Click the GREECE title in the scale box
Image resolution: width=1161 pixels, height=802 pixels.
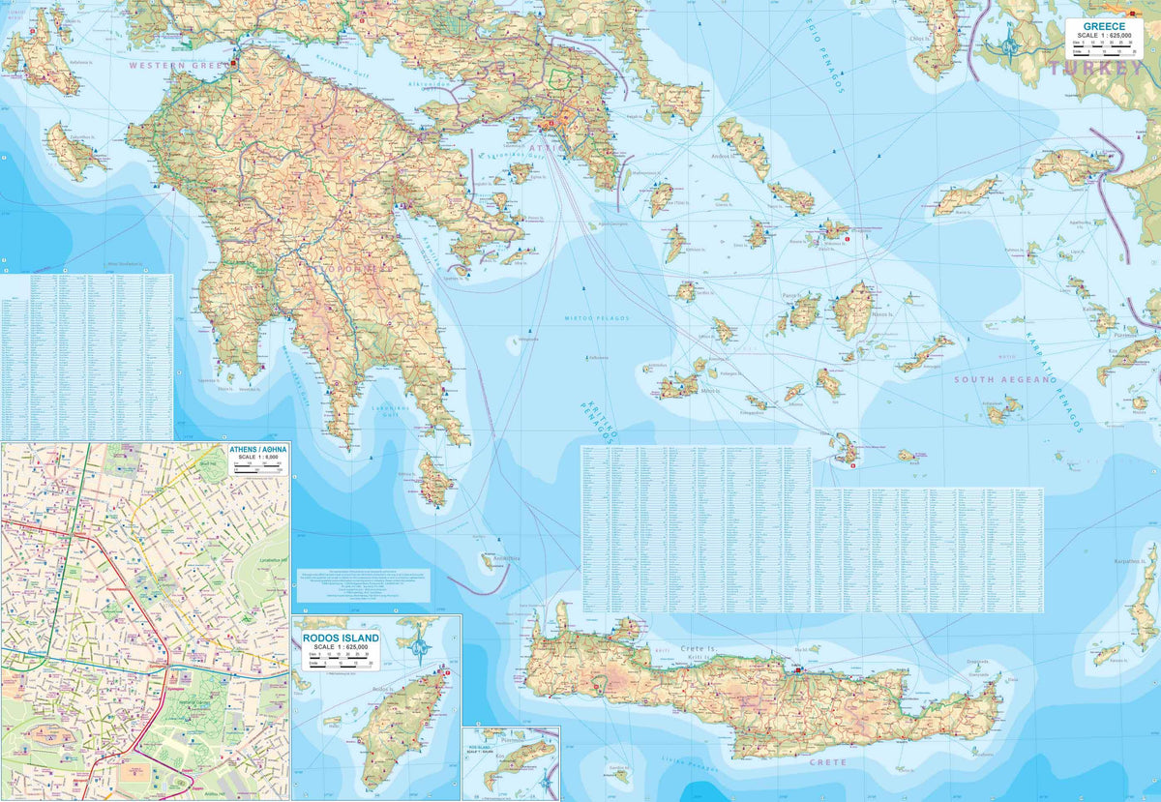point(1103,26)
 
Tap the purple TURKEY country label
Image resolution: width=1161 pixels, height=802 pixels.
point(1095,69)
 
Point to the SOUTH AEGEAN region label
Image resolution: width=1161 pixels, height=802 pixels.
point(1001,380)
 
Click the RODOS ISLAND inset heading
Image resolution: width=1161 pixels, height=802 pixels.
point(339,639)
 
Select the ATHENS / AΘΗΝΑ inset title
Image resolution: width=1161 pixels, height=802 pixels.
point(257,451)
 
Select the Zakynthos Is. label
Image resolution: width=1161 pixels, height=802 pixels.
point(83,136)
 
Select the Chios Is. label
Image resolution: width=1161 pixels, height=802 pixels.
point(919,40)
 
